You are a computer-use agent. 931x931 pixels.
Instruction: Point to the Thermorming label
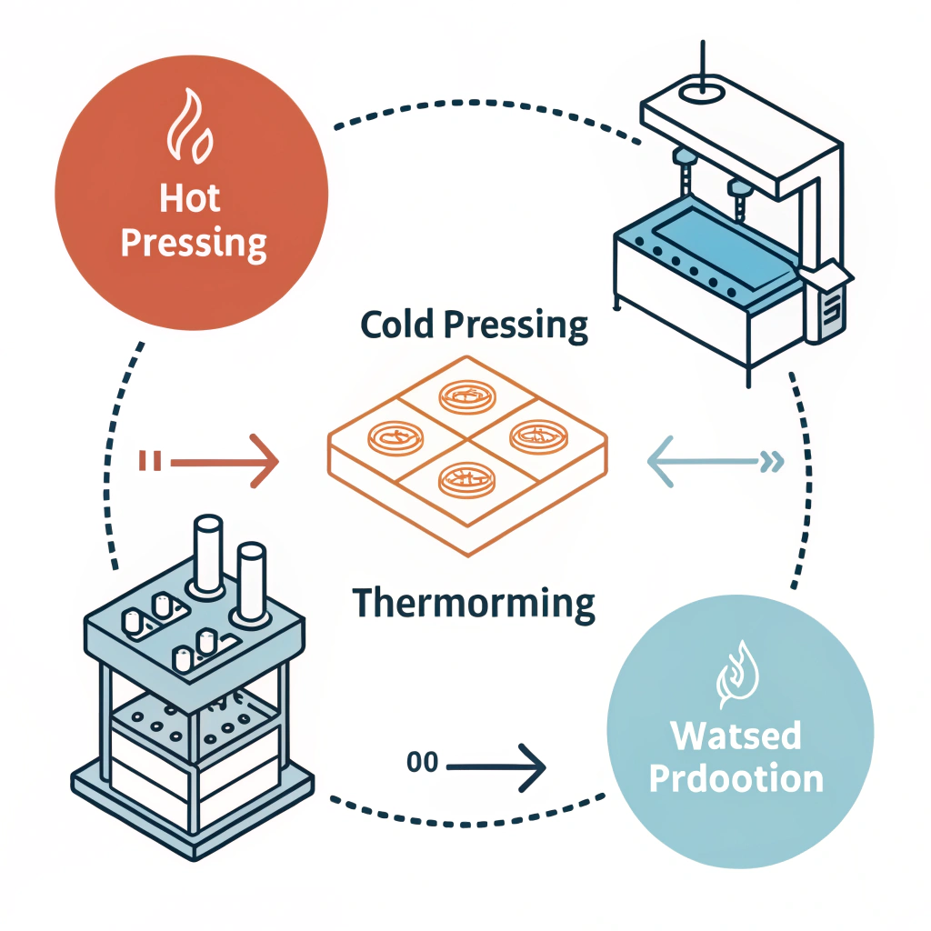point(473,603)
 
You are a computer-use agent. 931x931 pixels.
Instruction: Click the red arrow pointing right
point(224,463)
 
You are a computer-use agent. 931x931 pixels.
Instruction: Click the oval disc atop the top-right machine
point(699,90)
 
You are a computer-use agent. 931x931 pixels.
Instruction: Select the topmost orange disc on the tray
point(464,395)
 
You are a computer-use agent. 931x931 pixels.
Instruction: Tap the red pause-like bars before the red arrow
point(149,463)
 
